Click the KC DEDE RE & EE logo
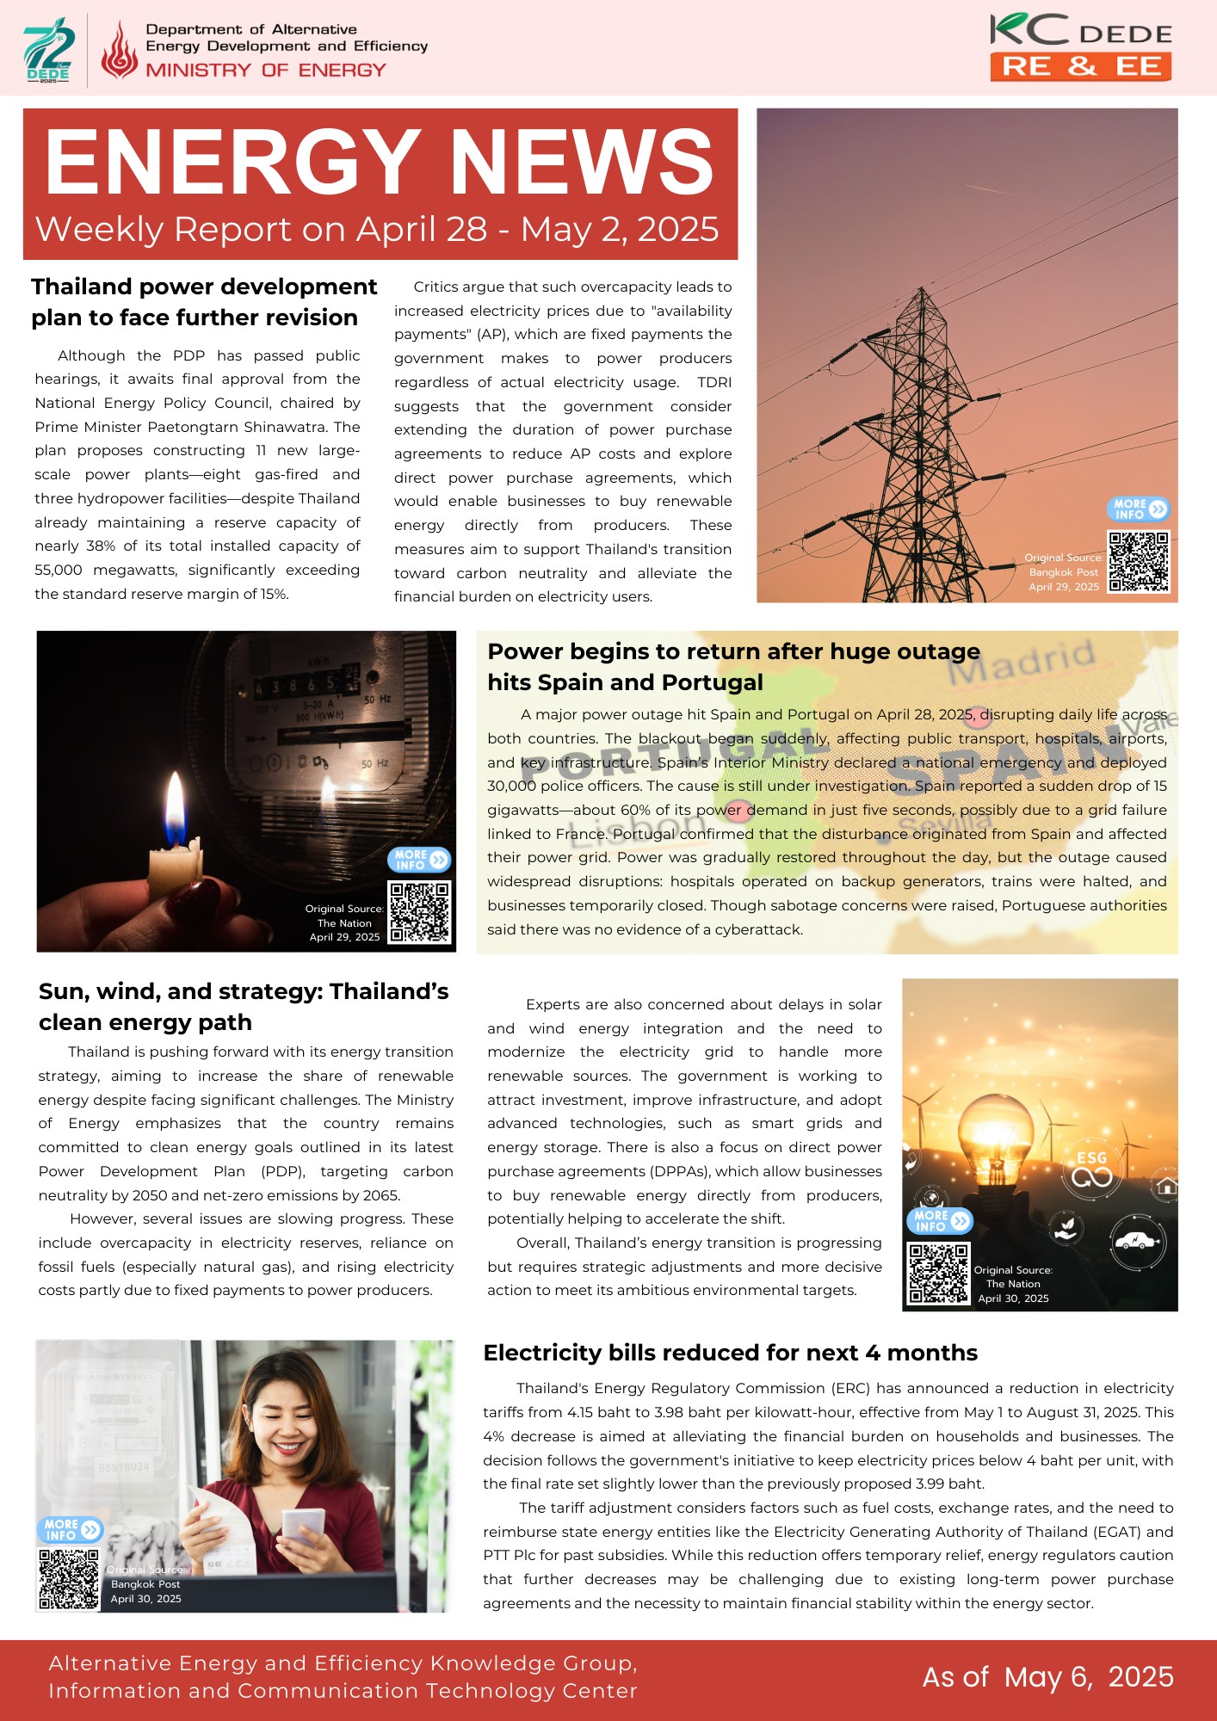(1081, 47)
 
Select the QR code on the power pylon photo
(1139, 562)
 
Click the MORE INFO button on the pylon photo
(1138, 509)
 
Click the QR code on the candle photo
(420, 911)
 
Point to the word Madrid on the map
(1022, 663)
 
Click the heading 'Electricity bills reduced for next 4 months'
(730, 1353)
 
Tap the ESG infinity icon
(1091, 1169)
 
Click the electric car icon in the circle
(1138, 1242)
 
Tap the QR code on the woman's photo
(69, 1579)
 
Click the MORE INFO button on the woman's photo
(70, 1529)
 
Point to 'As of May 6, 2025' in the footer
(1047, 1677)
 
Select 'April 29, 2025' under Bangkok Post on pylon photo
(1064, 587)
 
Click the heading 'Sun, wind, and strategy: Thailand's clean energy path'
(244, 1007)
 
